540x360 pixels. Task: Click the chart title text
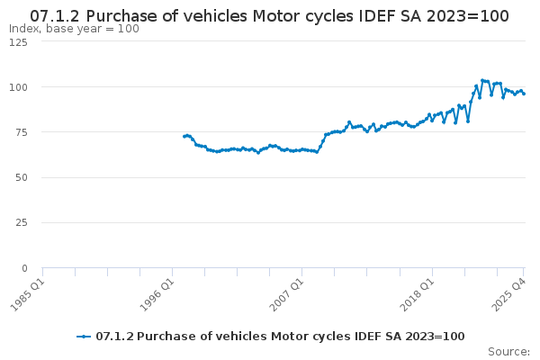click(x=269, y=15)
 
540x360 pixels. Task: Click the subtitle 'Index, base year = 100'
click(x=74, y=29)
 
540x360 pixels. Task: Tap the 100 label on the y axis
click(x=17, y=87)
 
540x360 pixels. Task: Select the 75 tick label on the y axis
click(x=21, y=132)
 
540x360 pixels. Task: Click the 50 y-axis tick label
click(x=21, y=177)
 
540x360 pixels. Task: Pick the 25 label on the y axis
click(x=21, y=222)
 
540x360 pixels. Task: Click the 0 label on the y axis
click(x=24, y=268)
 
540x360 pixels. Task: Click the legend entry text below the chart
click(x=280, y=337)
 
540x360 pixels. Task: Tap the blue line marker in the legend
click(x=84, y=337)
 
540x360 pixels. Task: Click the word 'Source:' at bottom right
click(x=508, y=351)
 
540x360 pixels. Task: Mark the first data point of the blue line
click(x=184, y=137)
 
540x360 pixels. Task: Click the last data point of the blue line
click(x=524, y=94)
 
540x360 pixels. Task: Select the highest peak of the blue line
click(x=482, y=80)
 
